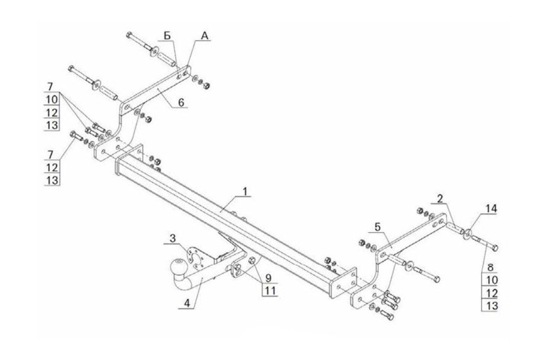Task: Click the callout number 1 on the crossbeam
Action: point(246,191)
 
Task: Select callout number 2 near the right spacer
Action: point(439,198)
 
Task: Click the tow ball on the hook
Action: point(177,267)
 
